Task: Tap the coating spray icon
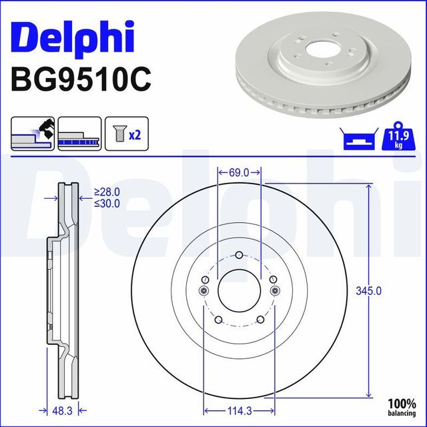tap(33, 133)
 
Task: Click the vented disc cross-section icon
tap(79, 133)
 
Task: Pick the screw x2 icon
tap(124, 134)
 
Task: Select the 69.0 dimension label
tap(238, 172)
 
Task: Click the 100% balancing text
tap(403, 408)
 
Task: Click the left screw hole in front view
tap(204, 290)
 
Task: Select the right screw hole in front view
tap(274, 290)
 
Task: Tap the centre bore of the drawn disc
tap(239, 290)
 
